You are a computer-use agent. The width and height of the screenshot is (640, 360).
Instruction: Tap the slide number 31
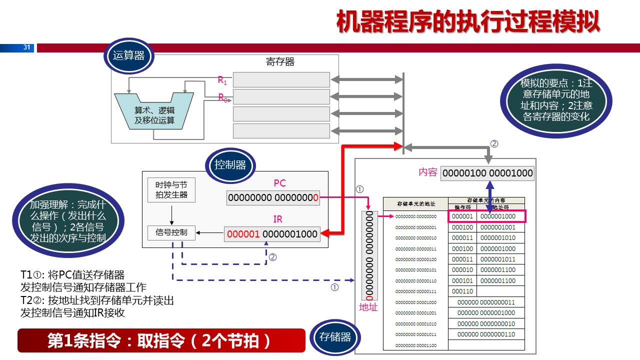coord(27,48)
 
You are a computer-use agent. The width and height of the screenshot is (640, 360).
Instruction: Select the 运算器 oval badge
coord(128,56)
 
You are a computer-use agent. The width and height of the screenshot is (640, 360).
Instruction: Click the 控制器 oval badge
coord(230,165)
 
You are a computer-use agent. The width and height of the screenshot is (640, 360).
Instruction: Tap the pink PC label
coord(280,183)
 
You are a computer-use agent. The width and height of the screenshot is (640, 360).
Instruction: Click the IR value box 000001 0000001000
coord(272,234)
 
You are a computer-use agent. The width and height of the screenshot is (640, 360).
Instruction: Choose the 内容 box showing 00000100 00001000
coord(487,173)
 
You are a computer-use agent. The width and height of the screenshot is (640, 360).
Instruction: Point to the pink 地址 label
coord(369,307)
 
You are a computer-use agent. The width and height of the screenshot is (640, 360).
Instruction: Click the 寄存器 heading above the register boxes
coord(280,62)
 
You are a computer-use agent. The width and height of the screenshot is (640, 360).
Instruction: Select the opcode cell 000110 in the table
coord(462,291)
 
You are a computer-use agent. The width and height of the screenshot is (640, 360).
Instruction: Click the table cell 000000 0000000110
coord(486,334)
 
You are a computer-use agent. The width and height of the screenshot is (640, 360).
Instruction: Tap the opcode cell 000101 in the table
coord(462,281)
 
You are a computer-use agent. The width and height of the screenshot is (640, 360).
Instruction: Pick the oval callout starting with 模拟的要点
coord(556,100)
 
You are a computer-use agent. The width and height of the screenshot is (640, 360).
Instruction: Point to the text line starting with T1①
coord(72,275)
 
